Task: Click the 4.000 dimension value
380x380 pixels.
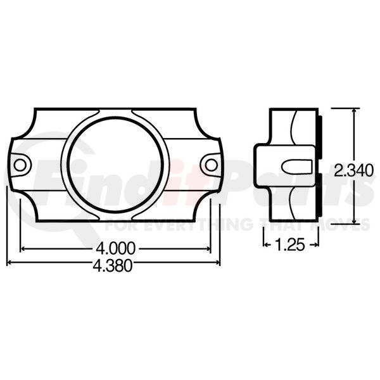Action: (x=115, y=248)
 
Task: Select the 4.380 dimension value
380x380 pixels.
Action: (x=113, y=265)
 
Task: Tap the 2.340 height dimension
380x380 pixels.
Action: (x=353, y=170)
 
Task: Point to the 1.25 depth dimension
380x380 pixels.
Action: (x=290, y=245)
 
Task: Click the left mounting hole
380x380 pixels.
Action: (x=20, y=165)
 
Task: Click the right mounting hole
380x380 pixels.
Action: (x=212, y=165)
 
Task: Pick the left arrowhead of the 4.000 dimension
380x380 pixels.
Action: (x=23, y=248)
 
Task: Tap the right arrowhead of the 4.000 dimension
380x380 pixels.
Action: (x=208, y=248)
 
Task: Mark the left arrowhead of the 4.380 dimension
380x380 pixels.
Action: (x=9, y=262)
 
